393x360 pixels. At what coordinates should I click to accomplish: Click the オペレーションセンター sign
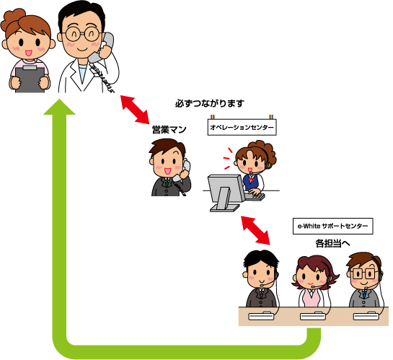pos(242,128)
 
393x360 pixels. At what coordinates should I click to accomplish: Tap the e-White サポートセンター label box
pos(333,226)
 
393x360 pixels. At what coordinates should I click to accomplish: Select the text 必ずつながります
pos(210,103)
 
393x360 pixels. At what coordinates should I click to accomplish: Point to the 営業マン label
pos(169,130)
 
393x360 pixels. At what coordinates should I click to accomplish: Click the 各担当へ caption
pos(332,243)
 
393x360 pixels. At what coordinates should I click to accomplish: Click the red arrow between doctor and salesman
pos(135,110)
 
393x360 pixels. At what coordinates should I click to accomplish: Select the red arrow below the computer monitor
pos(255,230)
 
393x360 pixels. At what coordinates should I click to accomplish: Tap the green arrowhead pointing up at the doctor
pos(59,107)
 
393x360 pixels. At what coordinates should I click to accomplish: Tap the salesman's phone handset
pos(182,171)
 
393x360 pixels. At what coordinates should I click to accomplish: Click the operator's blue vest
pos(251,183)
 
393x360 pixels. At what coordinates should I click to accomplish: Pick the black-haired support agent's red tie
pos(262,294)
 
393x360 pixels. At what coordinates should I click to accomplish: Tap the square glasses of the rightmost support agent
pos(363,273)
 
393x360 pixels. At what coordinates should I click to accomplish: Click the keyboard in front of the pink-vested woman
pos(313,316)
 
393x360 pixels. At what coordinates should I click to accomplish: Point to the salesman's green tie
pos(167,182)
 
